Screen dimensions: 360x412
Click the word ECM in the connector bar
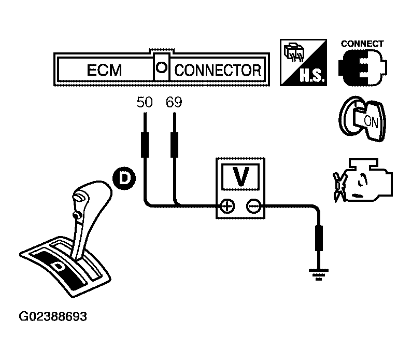104,70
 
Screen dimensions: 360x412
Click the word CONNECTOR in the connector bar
217,70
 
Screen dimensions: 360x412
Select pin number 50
145,102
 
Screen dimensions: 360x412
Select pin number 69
174,102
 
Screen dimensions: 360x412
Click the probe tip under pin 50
145,144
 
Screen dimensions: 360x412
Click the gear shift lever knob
89,197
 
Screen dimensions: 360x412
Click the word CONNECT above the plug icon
362,44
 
